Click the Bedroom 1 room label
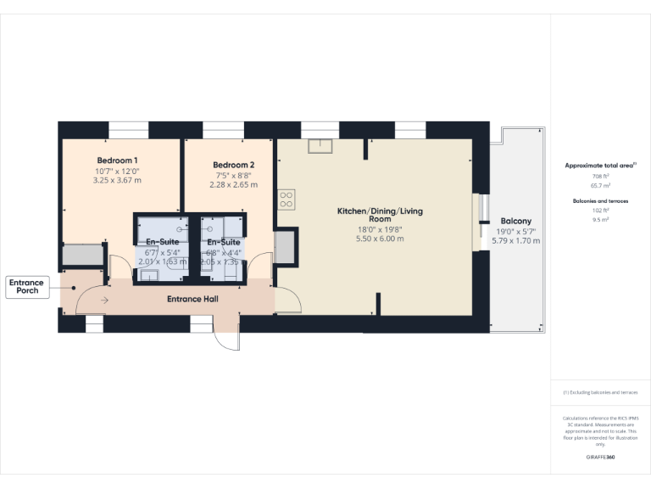click(117, 160)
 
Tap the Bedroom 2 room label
click(233, 165)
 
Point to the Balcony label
click(515, 221)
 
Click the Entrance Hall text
click(192, 299)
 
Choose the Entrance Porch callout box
click(28, 286)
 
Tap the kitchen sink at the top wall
click(321, 146)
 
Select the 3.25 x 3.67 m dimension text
click(117, 181)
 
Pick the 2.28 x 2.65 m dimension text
click(233, 184)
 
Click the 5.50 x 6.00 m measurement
click(380, 239)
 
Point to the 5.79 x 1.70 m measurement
click(515, 241)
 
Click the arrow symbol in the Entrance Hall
click(104, 300)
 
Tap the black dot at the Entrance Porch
click(75, 287)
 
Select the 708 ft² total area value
click(600, 176)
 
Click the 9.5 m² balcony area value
click(600, 219)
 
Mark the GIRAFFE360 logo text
click(600, 458)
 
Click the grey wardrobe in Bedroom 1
click(81, 255)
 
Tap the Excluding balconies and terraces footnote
click(600, 392)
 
